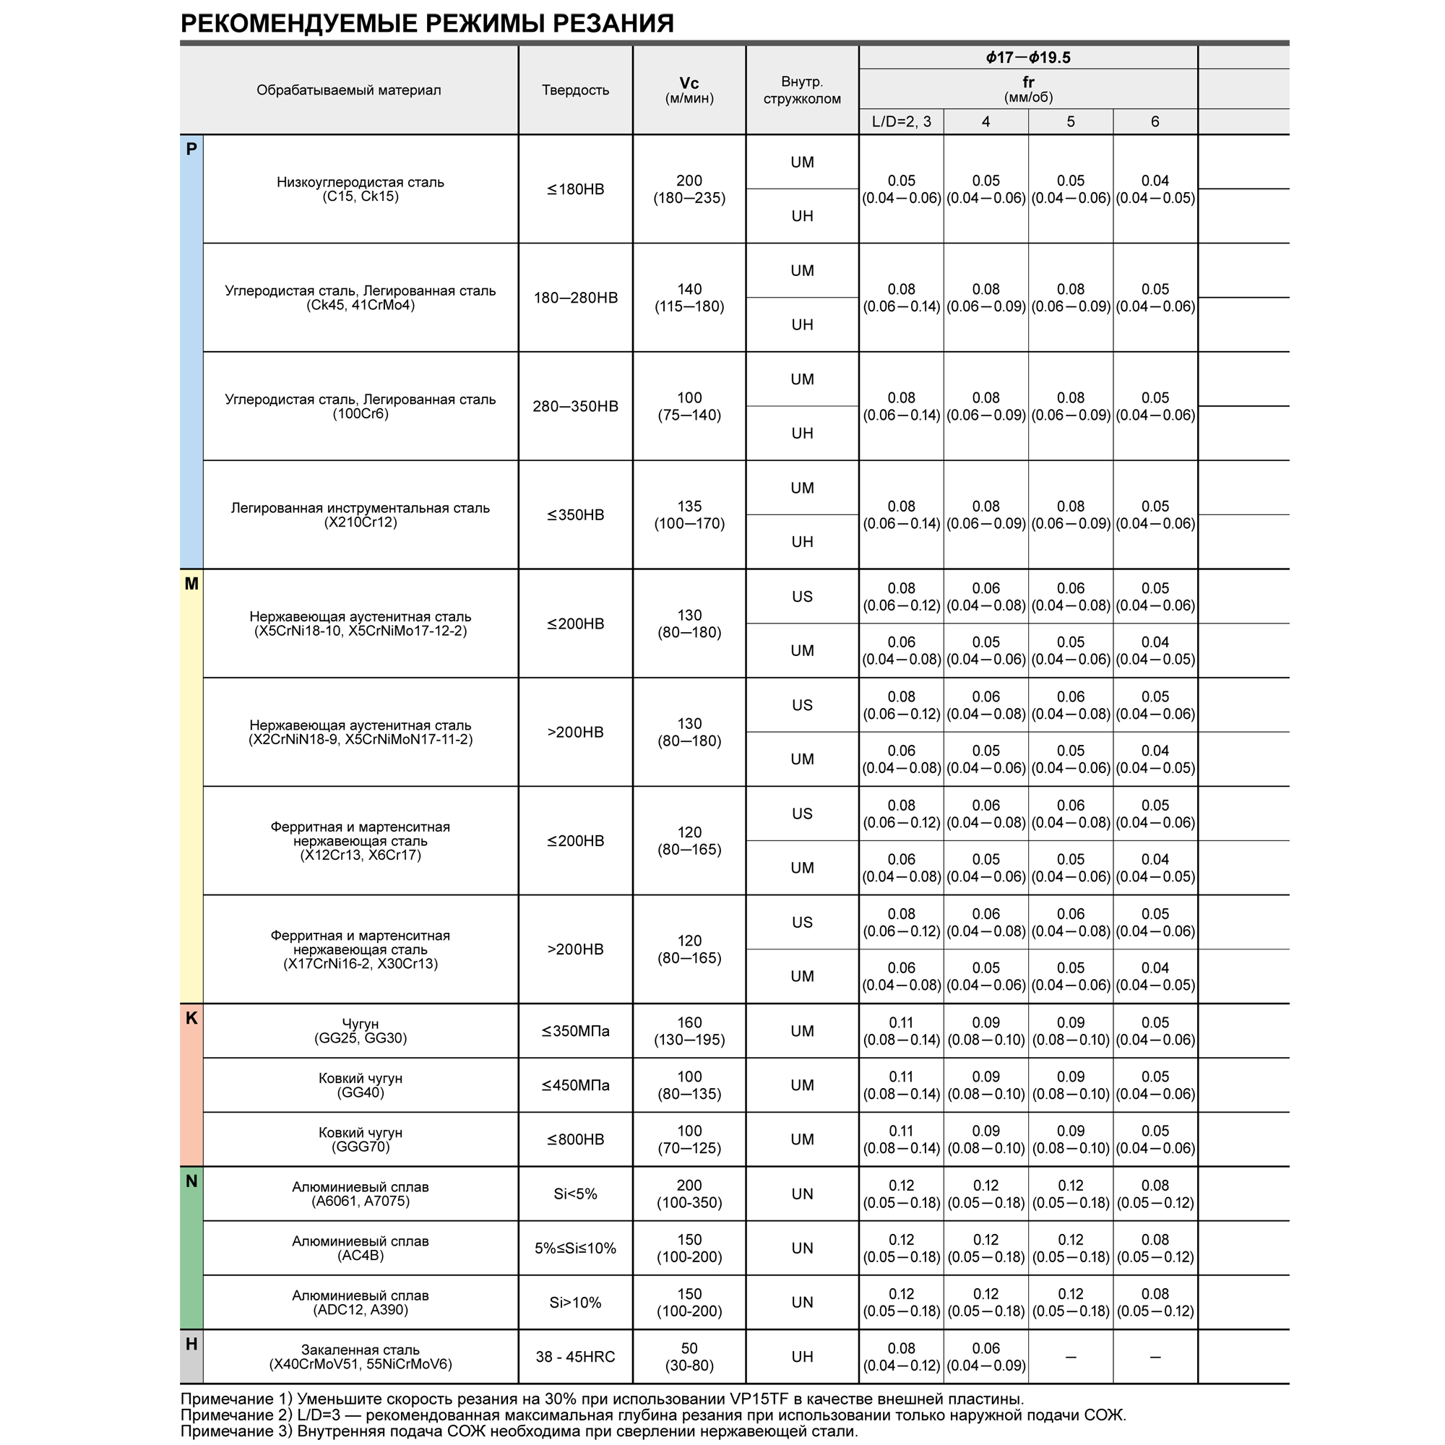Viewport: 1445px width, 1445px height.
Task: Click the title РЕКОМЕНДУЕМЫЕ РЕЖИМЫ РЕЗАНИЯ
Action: (427, 24)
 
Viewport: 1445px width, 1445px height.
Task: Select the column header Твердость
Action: (575, 90)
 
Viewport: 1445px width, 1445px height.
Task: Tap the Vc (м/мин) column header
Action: (689, 90)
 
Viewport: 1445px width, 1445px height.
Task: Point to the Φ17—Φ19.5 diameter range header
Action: (1027, 58)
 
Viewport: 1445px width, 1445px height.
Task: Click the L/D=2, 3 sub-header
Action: (901, 122)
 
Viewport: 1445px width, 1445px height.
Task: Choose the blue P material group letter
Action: (191, 149)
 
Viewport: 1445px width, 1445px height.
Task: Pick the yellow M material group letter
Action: (191, 583)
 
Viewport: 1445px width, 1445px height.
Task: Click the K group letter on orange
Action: (191, 1018)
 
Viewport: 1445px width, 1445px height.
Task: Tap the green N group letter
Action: (191, 1181)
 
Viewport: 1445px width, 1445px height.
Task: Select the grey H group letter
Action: (191, 1344)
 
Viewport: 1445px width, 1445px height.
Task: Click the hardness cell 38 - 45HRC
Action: (575, 1357)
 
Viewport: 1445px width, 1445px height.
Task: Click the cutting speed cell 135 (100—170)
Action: (689, 514)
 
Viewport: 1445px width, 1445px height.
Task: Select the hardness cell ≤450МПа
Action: (575, 1085)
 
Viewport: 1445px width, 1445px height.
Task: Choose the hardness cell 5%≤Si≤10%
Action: (575, 1248)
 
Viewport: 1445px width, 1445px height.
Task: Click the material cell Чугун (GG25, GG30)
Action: (360, 1031)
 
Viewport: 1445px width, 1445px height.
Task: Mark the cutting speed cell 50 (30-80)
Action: (689, 1357)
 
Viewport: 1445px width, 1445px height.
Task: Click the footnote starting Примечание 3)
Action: (519, 1431)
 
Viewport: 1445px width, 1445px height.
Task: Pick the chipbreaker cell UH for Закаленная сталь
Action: (802, 1357)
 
